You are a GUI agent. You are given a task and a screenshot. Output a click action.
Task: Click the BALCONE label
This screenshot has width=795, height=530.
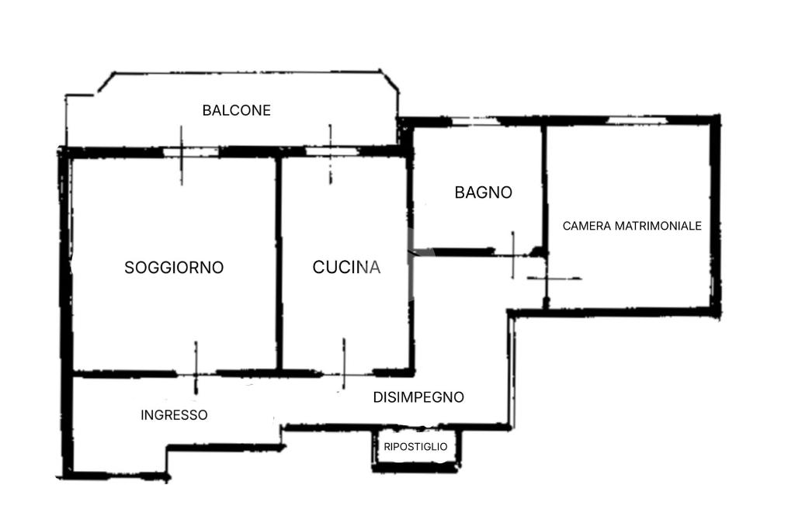coord(236,110)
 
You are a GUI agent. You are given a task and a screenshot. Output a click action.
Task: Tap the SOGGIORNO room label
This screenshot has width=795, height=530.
coord(174,268)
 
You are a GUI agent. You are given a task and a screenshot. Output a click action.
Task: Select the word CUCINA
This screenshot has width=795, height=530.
coord(346,268)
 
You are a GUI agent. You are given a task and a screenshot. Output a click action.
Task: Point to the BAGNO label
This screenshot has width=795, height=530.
coord(483,192)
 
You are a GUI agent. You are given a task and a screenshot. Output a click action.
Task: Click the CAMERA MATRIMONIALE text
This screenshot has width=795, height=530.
coord(632,226)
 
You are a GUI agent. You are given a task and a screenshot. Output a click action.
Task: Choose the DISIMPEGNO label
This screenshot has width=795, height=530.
coord(418,397)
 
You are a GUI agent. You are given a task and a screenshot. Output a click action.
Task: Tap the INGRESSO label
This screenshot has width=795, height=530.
coord(174,415)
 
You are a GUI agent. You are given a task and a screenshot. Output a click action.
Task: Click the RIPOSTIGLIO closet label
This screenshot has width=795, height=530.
coord(415,446)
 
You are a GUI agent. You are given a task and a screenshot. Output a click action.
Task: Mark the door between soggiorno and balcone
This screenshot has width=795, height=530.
coord(182,152)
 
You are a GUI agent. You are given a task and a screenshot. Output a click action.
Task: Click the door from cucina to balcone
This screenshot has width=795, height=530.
coord(330,152)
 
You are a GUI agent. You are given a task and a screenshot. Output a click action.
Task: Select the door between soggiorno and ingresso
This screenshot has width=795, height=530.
coord(196,373)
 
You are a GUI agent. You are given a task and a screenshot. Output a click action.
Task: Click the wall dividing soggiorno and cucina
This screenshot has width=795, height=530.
coord(279,264)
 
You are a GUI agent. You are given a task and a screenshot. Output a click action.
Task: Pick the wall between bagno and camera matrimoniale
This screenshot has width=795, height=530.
coord(544,186)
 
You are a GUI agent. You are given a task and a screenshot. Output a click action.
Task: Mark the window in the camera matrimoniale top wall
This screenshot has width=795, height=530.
coord(637,121)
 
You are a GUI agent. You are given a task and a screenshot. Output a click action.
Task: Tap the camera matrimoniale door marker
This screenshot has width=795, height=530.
coord(547,278)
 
